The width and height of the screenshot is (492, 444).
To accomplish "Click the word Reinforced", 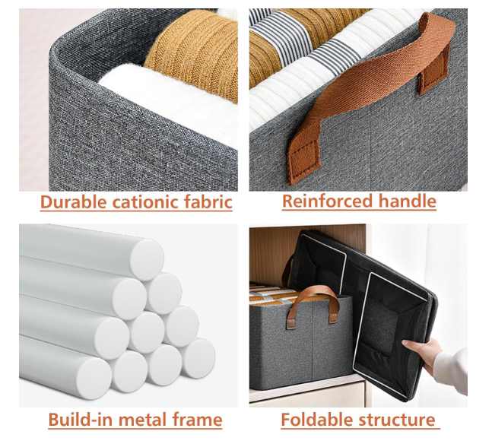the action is coord(328,201).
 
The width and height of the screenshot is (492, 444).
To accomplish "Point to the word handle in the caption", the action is coord(408,201).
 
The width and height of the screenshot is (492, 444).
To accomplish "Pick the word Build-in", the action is coord(81,420).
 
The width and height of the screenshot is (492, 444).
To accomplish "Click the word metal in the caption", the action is coord(142,420).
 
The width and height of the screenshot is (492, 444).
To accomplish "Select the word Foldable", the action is coord(317,420).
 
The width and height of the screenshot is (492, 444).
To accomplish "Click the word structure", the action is coord(397,420).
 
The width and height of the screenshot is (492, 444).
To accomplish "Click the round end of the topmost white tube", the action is coord(147,259).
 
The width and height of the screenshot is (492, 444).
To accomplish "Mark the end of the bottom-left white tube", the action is coord(94,378).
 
